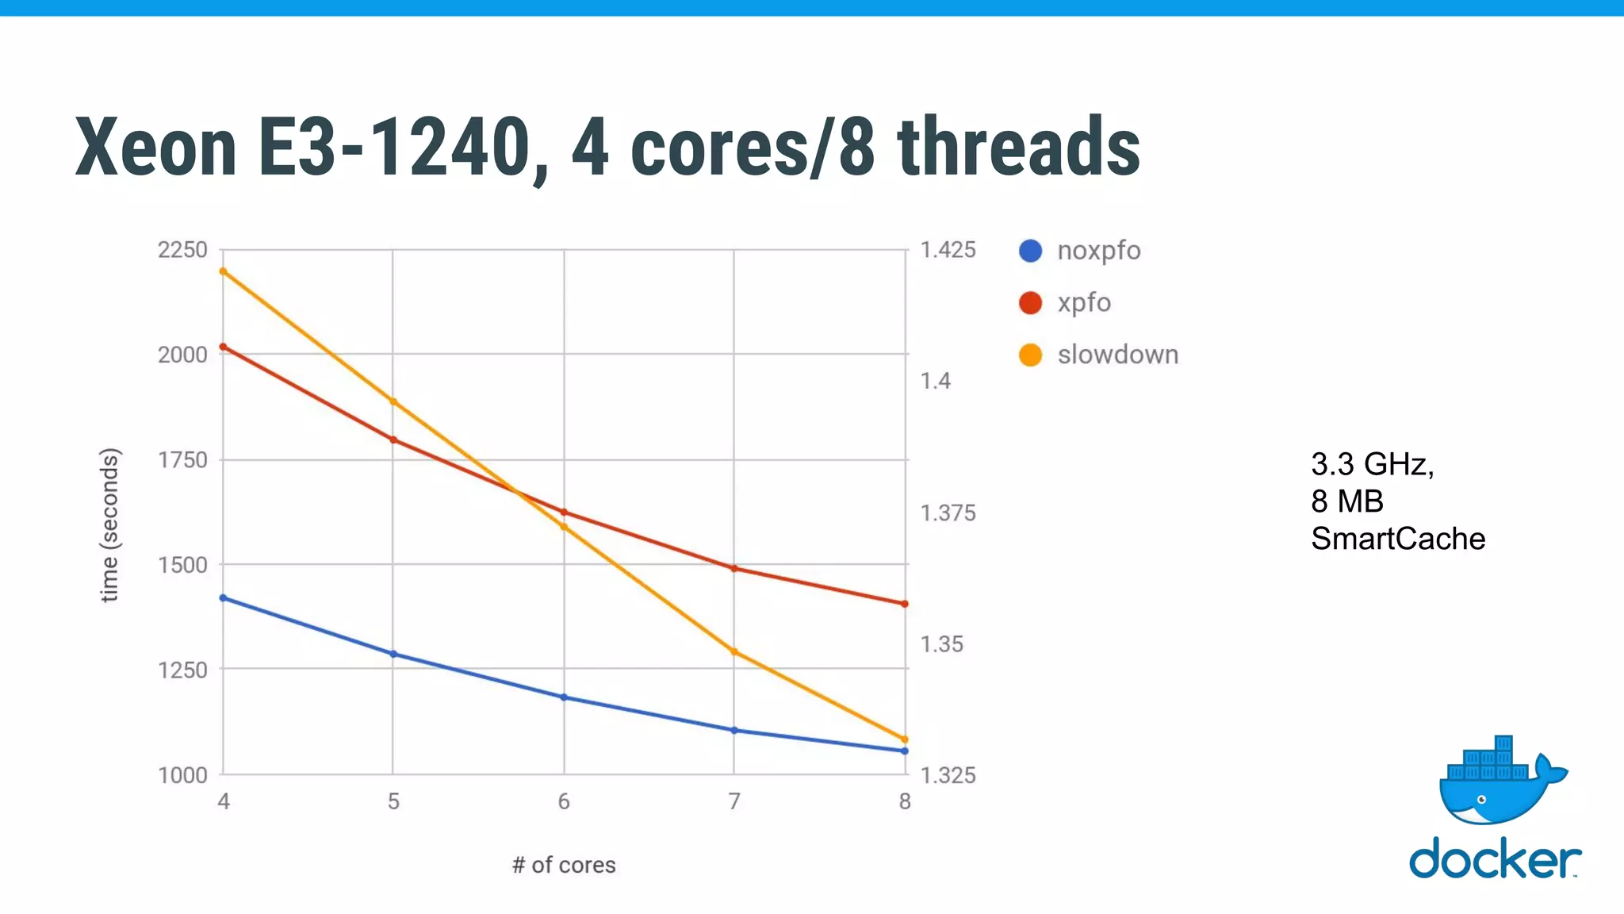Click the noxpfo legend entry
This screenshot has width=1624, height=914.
coord(1098,251)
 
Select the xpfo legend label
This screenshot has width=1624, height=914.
coord(1084,302)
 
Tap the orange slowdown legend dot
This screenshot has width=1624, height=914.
coord(1030,355)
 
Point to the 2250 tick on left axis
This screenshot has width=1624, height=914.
coord(182,250)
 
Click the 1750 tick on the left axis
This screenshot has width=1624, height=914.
coord(182,460)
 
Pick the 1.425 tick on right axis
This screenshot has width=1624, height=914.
coord(948,250)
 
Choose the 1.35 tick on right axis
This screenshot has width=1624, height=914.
coord(941,644)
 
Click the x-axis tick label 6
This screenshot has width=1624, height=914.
coord(564,802)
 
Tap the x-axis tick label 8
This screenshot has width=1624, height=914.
coord(905,802)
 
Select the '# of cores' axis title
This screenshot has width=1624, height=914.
coord(564,865)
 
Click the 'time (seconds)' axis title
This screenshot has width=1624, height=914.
coord(109,525)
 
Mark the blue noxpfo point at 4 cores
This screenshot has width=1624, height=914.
coord(224,598)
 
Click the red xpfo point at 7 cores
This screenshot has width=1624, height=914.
coord(734,569)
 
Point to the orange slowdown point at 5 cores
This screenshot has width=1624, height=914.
coord(393,402)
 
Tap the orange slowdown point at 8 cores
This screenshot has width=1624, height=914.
coord(905,739)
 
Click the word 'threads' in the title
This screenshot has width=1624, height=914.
coord(1018,148)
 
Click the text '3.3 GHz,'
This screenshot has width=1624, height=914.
coord(1372,464)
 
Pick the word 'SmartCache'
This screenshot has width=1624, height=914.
coord(1397,539)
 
